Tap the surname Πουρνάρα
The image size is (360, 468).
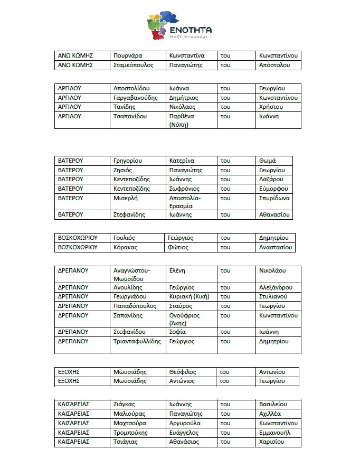tap(128, 55)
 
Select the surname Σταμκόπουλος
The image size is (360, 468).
tap(133, 65)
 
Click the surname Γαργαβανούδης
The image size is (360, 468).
tap(135, 98)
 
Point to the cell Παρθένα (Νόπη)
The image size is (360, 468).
tap(182, 120)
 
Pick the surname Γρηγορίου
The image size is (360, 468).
tap(128, 161)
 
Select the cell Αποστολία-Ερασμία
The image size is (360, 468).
tap(185, 202)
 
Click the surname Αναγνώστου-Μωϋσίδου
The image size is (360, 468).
tap(132, 274)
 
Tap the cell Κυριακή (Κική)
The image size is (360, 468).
tap(188, 296)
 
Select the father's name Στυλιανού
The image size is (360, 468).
tap(273, 296)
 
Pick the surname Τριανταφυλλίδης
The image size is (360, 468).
tap(137, 341)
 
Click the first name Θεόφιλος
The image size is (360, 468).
tap(182, 372)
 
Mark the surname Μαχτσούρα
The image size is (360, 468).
tap(130, 423)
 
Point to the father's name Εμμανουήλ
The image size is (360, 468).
tap(275, 433)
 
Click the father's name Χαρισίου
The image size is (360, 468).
tap(272, 442)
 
